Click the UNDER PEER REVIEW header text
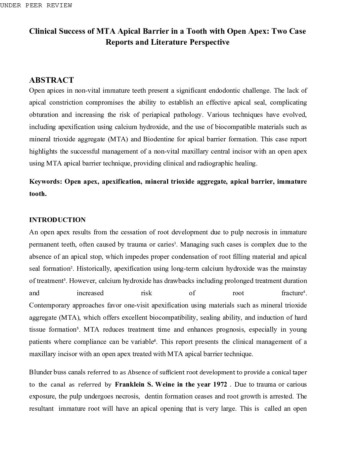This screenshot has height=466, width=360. [x=36, y=5]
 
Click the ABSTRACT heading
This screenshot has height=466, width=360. [x=51, y=80]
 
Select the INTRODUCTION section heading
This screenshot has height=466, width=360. [x=57, y=220]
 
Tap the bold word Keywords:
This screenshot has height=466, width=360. [x=46, y=181]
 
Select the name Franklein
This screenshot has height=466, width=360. [x=129, y=384]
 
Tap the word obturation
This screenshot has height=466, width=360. [x=44, y=115]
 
